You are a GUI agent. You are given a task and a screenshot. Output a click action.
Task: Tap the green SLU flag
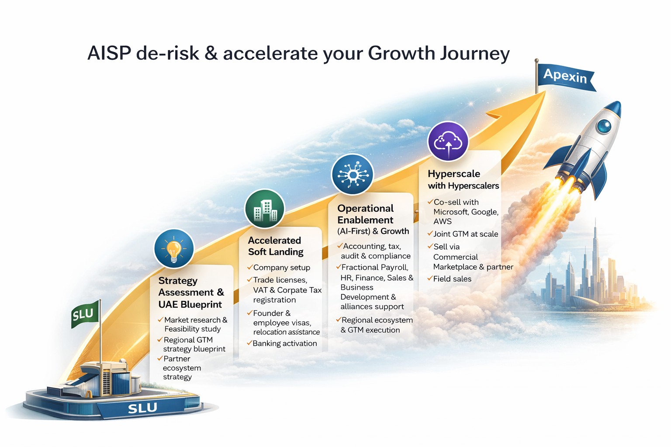tap(85, 314)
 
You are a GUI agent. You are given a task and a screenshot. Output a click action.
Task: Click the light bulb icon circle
tap(174, 249)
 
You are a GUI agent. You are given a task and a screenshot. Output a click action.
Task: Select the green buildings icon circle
tap(264, 209)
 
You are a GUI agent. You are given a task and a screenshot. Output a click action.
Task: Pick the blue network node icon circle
tap(353, 174)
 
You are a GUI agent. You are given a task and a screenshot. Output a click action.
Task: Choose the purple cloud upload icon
tap(448, 141)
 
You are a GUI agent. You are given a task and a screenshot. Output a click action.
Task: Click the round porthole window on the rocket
tap(604, 126)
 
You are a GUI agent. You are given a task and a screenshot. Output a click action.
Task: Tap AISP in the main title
tap(109, 53)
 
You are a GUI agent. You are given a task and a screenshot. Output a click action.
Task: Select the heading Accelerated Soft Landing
tap(275, 246)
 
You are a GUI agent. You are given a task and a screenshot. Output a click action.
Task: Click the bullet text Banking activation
tap(284, 344)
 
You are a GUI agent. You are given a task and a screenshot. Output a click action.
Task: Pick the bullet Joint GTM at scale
tap(466, 234)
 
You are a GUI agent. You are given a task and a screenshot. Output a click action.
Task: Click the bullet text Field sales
tap(452, 279)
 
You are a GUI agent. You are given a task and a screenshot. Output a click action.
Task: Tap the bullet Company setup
tap(282, 267)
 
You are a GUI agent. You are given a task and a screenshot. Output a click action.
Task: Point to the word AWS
tap(443, 221)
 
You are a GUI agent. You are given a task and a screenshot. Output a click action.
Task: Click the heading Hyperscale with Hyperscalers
tap(463, 180)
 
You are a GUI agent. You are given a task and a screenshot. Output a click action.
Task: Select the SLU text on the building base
tap(142, 408)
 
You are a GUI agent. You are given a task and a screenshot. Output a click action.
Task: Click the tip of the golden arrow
tap(545, 92)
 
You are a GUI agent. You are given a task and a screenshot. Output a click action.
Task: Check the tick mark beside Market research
tap(160, 320)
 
